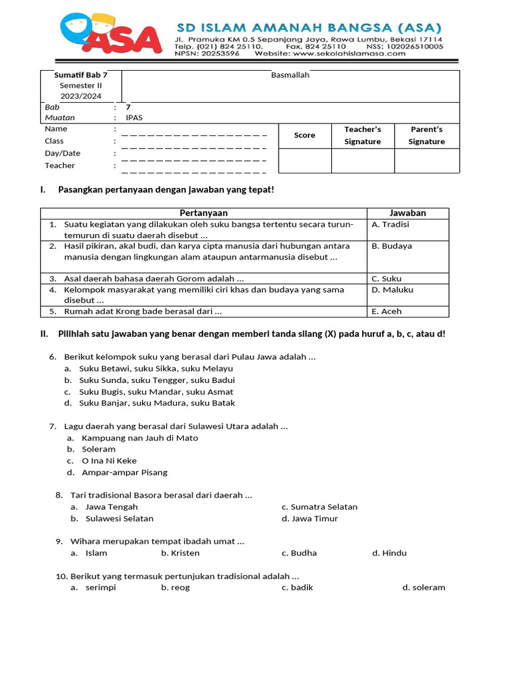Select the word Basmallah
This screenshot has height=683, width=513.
pyautogui.click(x=290, y=75)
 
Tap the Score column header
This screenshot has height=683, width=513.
pyautogui.click(x=305, y=135)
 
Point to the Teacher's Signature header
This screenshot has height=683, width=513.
pyautogui.click(x=363, y=135)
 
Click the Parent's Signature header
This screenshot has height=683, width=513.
pyautogui.click(x=426, y=135)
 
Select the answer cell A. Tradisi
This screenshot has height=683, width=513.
pyautogui.click(x=391, y=225)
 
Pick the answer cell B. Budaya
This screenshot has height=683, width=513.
pyautogui.click(x=392, y=246)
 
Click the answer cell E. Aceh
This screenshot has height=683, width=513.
pyautogui.click(x=387, y=311)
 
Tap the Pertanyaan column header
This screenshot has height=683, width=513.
pyautogui.click(x=204, y=213)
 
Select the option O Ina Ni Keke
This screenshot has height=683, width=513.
pyautogui.click(x=110, y=461)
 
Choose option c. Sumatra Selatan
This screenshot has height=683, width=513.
pyautogui.click(x=319, y=507)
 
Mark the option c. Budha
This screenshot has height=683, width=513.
pyautogui.click(x=299, y=553)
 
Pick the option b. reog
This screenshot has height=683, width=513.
pyautogui.click(x=176, y=588)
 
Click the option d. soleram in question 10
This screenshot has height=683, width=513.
pyautogui.click(x=423, y=588)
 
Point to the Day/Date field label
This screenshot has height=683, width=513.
pyautogui.click(x=63, y=153)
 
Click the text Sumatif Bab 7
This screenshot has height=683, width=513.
pyautogui.click(x=81, y=75)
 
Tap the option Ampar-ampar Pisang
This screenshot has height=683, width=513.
pyautogui.click(x=124, y=472)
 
